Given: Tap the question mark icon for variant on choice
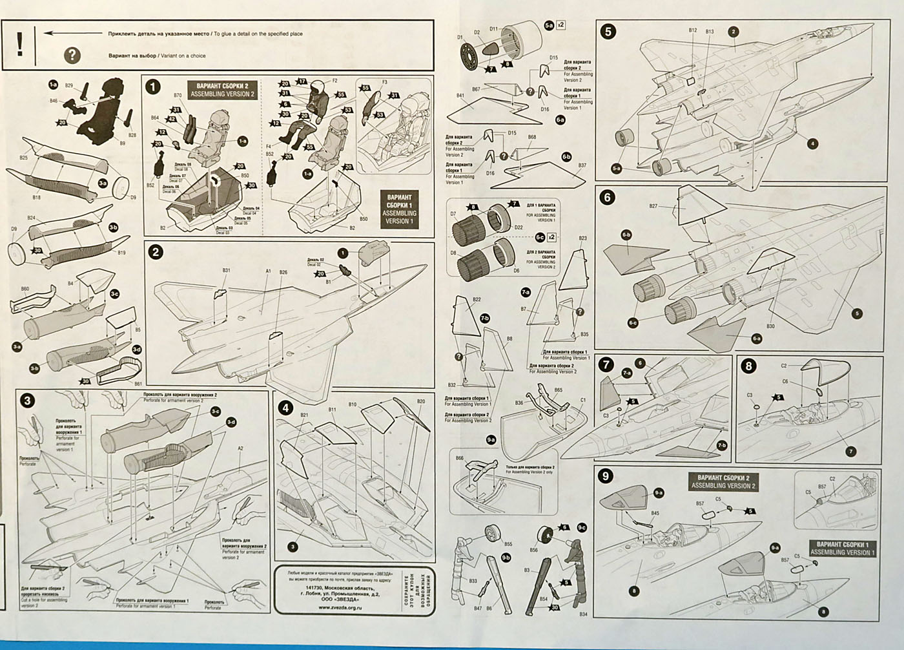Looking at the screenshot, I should tap(72, 56).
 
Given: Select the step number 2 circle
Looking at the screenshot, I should tap(154, 253).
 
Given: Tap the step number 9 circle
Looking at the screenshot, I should tap(606, 476).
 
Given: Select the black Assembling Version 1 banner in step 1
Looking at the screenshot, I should tap(400, 207).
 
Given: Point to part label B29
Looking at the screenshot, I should tap(70, 85).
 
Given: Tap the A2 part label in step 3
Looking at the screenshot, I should tap(241, 448).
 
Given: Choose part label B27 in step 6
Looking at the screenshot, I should tap(653, 206).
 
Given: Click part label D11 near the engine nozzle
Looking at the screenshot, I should tap(493, 28).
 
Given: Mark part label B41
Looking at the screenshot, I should tap(460, 96).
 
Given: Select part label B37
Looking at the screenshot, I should tap(582, 165).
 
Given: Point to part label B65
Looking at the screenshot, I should tap(558, 390).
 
